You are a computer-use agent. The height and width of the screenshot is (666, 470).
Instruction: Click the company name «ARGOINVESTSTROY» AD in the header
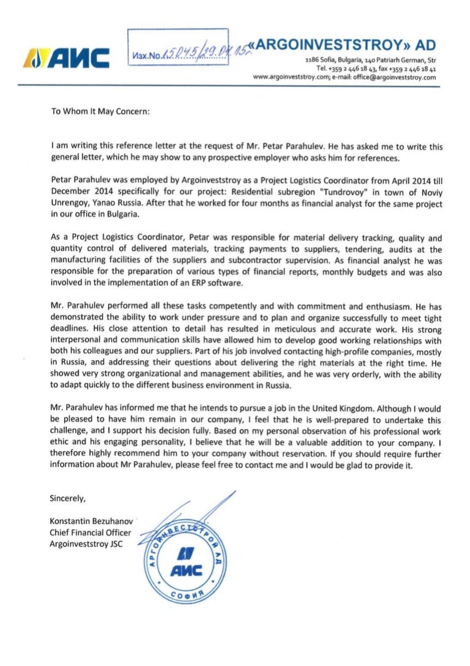(348, 45)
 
